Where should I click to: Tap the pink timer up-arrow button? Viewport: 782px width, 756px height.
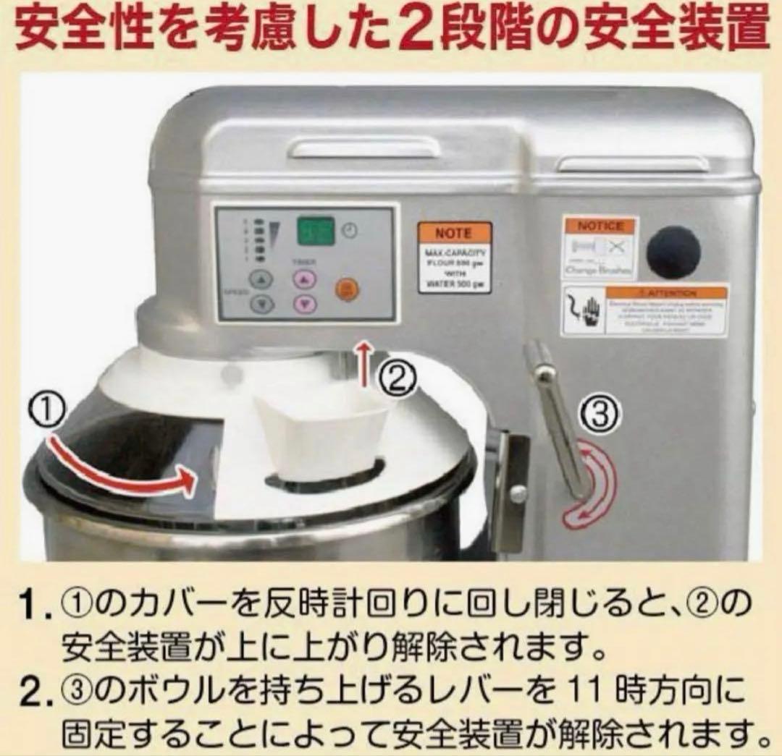[x=305, y=279]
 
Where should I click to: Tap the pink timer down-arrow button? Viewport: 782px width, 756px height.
[x=305, y=304]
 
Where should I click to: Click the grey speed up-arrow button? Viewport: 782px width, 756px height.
[x=262, y=279]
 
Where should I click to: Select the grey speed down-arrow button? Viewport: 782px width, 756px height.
[x=262, y=304]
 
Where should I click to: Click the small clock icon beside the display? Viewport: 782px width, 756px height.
[x=350, y=231]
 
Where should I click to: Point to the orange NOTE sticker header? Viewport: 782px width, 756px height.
[x=453, y=233]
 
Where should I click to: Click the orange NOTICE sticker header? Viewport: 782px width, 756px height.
[x=600, y=226]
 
